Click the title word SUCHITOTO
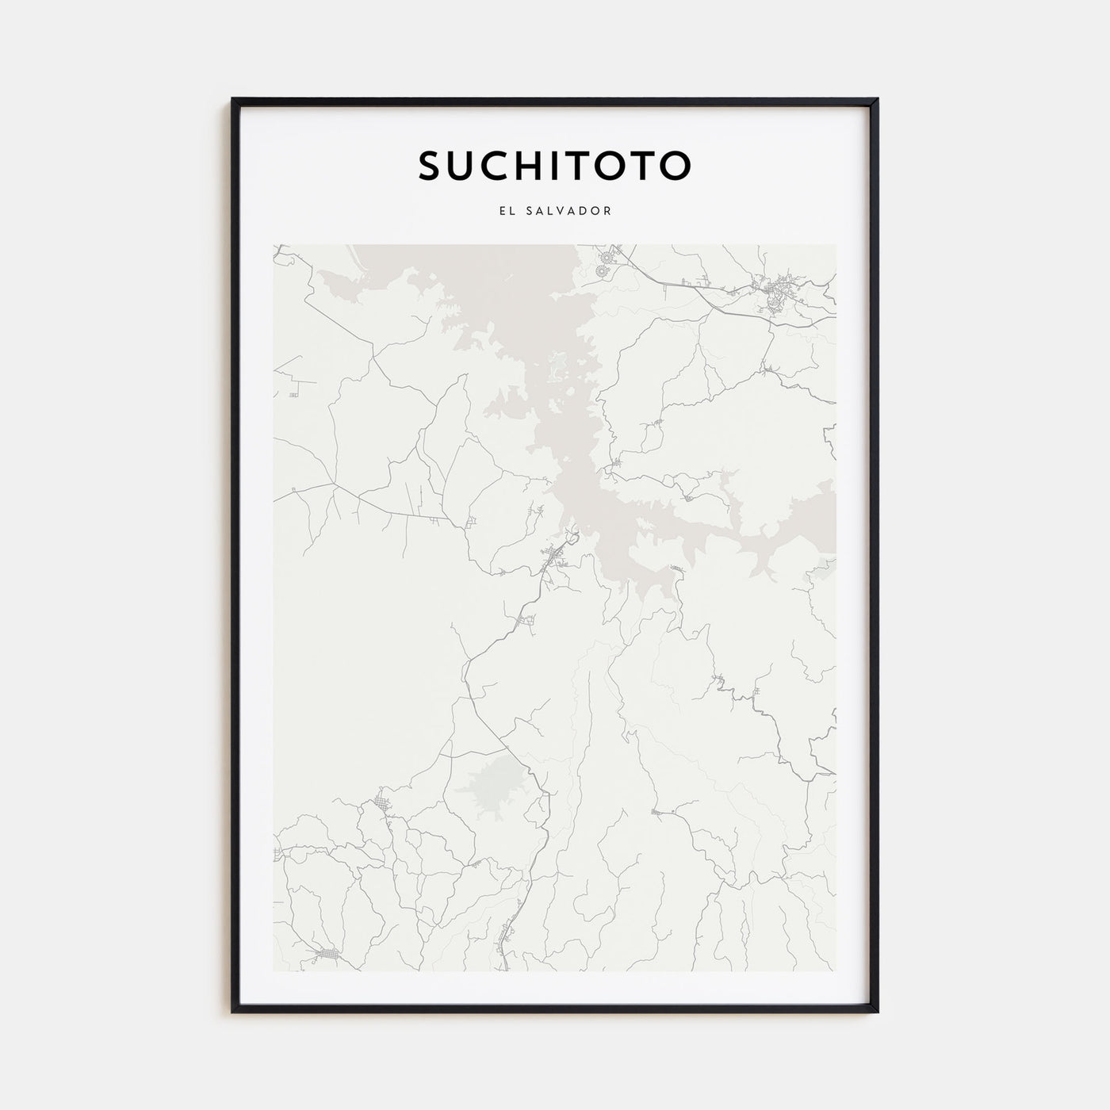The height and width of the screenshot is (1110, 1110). [554, 165]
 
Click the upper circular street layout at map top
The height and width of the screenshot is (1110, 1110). [610, 256]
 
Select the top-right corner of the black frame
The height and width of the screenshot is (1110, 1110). [877, 100]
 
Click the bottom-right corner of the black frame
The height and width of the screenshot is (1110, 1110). [877, 1011]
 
